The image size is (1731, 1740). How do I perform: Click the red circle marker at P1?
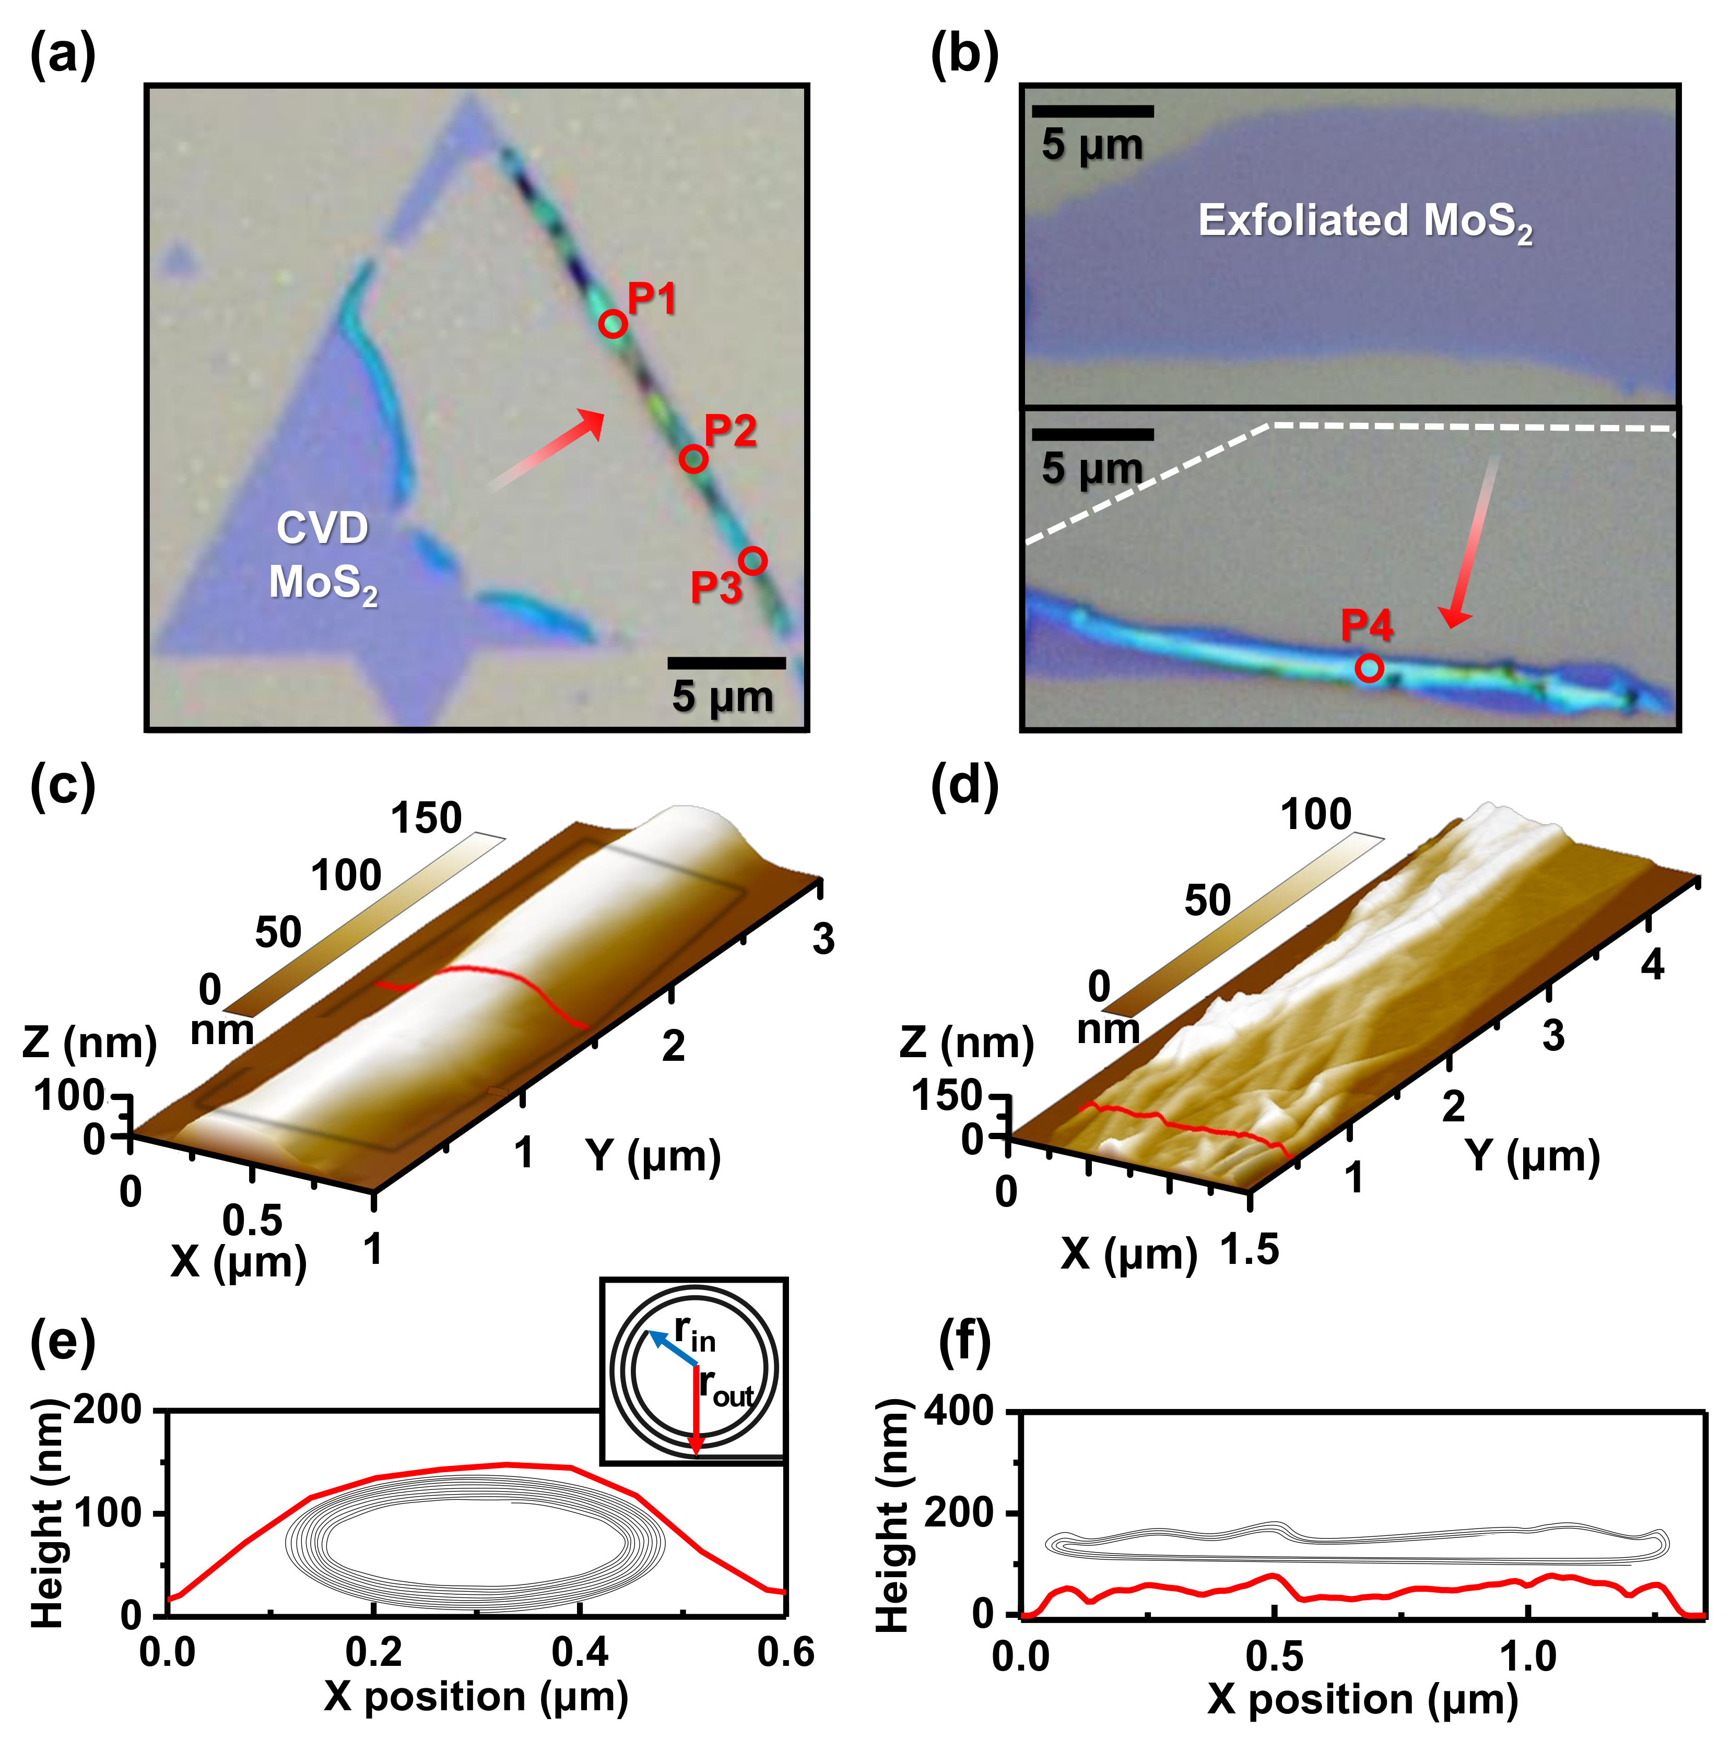click(x=613, y=323)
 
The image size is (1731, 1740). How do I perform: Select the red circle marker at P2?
click(x=692, y=458)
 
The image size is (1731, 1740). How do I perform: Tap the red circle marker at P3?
click(x=753, y=560)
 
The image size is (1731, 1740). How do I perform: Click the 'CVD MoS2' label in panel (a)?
click(x=322, y=555)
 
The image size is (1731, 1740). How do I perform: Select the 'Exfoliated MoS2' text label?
click(x=1364, y=221)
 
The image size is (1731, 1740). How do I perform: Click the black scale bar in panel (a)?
click(x=726, y=663)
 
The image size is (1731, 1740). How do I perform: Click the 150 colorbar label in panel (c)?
click(x=426, y=818)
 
